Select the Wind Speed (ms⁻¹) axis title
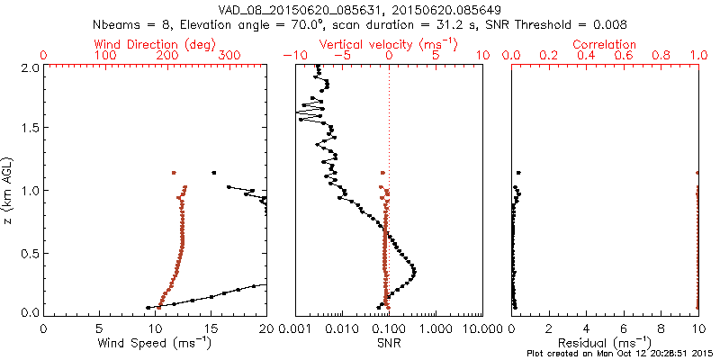point(156,343)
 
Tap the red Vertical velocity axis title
point(389,44)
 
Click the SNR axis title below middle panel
point(389,343)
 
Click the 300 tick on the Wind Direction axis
point(229,57)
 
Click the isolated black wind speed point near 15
point(214,172)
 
